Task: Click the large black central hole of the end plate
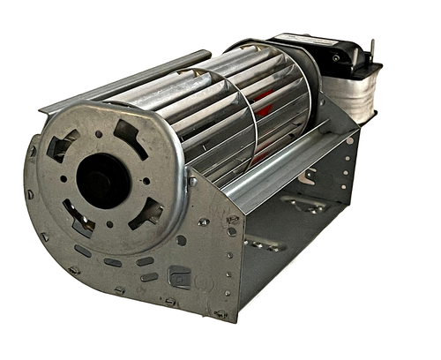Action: coord(104,180)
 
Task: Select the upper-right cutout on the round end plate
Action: coord(129,135)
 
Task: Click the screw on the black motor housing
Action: coord(336,58)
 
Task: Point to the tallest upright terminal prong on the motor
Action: coord(372,49)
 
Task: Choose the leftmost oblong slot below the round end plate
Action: coord(85,251)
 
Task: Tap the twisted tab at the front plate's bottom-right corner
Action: coord(220,313)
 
